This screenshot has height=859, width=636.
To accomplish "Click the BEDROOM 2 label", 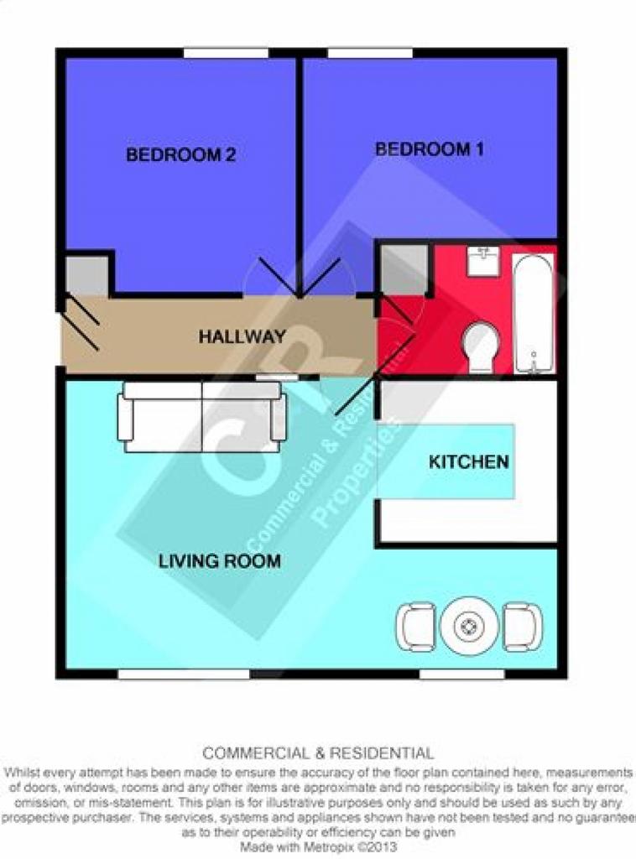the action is coord(180,154).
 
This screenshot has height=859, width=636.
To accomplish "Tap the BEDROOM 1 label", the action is coord(430,149).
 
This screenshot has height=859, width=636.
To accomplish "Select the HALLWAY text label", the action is coord(242,336).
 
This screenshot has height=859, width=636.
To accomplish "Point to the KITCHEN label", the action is coord(469,462).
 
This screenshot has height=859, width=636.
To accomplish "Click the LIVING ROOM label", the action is coord(220,561).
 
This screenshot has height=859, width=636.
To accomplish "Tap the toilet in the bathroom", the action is coord(481,347).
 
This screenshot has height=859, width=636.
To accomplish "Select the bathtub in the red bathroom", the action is coord(534,314).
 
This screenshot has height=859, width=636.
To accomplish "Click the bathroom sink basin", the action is coord(483,262).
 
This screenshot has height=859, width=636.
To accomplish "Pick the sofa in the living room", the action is coord(202,416).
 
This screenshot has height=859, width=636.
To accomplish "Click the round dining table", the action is coord(469,626).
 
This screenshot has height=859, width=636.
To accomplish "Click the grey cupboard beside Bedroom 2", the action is coord(87,276).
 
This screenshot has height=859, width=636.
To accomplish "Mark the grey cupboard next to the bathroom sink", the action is coord(404,271).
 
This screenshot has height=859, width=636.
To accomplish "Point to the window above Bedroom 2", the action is coord(226,53).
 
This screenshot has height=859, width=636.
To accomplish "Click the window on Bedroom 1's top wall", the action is coord(370,53).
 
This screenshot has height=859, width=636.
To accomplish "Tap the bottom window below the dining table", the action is coord(461,674).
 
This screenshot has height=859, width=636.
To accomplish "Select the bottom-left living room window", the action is coord(184,674).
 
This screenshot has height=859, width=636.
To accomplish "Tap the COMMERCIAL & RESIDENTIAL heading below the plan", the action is coord(318,753).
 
